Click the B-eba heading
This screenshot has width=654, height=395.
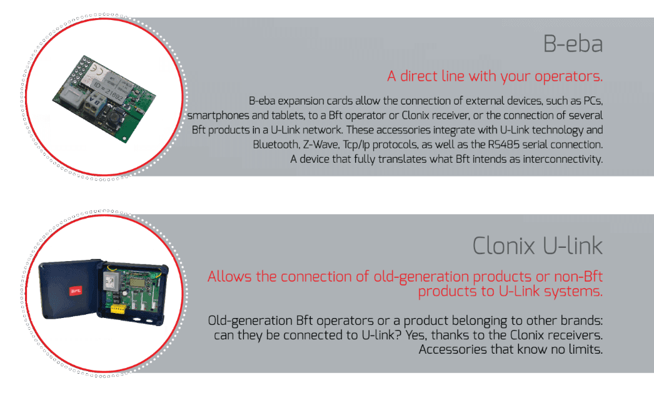point(573,44)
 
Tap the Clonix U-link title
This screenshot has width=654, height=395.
point(537,245)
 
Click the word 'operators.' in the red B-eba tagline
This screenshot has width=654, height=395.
point(568,76)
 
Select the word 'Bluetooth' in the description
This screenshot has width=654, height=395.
point(276,145)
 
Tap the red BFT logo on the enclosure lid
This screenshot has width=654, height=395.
point(76,291)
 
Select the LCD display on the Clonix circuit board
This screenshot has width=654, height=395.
point(138,282)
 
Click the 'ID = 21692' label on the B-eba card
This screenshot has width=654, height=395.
point(108,92)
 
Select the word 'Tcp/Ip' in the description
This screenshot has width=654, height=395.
point(357,145)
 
